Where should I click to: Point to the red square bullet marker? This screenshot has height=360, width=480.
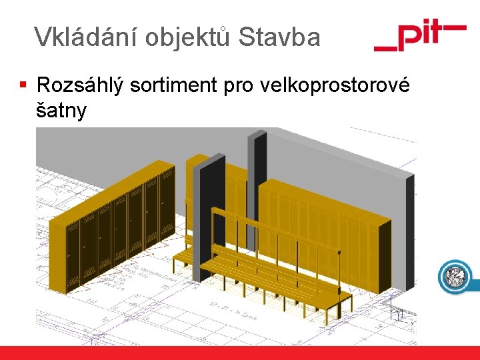tap(23, 85)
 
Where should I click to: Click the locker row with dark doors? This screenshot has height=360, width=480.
tap(120, 223)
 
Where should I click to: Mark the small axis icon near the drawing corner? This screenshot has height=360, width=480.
tap(399, 311)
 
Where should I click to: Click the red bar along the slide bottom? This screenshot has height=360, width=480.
tap(240, 353)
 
